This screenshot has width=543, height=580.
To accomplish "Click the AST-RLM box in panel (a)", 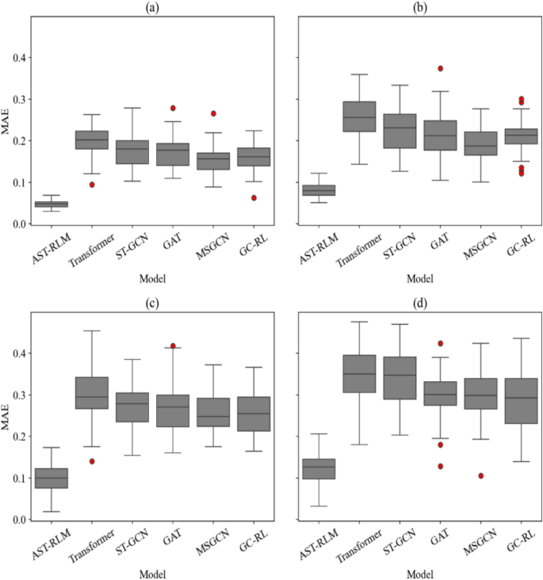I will (51, 204).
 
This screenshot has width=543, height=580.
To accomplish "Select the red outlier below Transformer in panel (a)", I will (92, 185).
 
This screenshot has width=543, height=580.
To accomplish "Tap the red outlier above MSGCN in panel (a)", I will (212, 113).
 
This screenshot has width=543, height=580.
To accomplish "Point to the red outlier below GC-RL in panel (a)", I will (254, 197).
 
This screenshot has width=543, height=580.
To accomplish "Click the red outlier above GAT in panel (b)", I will (440, 69).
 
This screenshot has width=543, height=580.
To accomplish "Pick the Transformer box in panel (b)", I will (358, 116).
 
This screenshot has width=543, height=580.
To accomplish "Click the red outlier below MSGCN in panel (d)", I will (480, 475).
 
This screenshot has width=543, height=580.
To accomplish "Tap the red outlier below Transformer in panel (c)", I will (92, 461).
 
